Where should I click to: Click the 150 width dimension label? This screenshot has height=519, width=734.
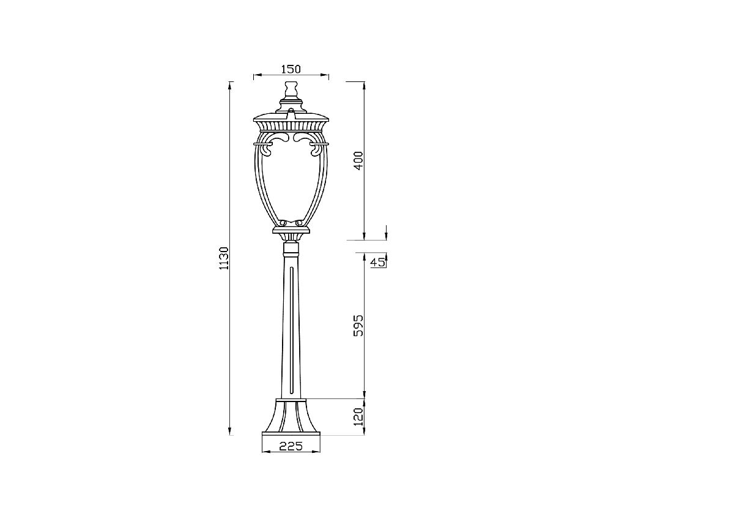(291, 69)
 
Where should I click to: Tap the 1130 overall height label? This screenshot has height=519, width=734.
(224, 258)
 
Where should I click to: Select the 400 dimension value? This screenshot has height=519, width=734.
(359, 160)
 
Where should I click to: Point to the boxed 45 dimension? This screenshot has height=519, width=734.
(377, 263)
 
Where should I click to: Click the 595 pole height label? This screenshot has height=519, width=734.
(359, 326)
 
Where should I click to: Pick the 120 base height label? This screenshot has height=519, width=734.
(359, 417)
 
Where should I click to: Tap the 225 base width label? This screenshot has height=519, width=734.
(291, 446)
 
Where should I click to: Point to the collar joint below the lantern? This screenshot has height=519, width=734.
(291, 248)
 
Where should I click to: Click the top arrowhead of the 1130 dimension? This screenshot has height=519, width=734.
(230, 84)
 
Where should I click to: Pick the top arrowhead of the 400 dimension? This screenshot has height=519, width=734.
(365, 84)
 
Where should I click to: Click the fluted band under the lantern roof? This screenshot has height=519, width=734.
(291, 127)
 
